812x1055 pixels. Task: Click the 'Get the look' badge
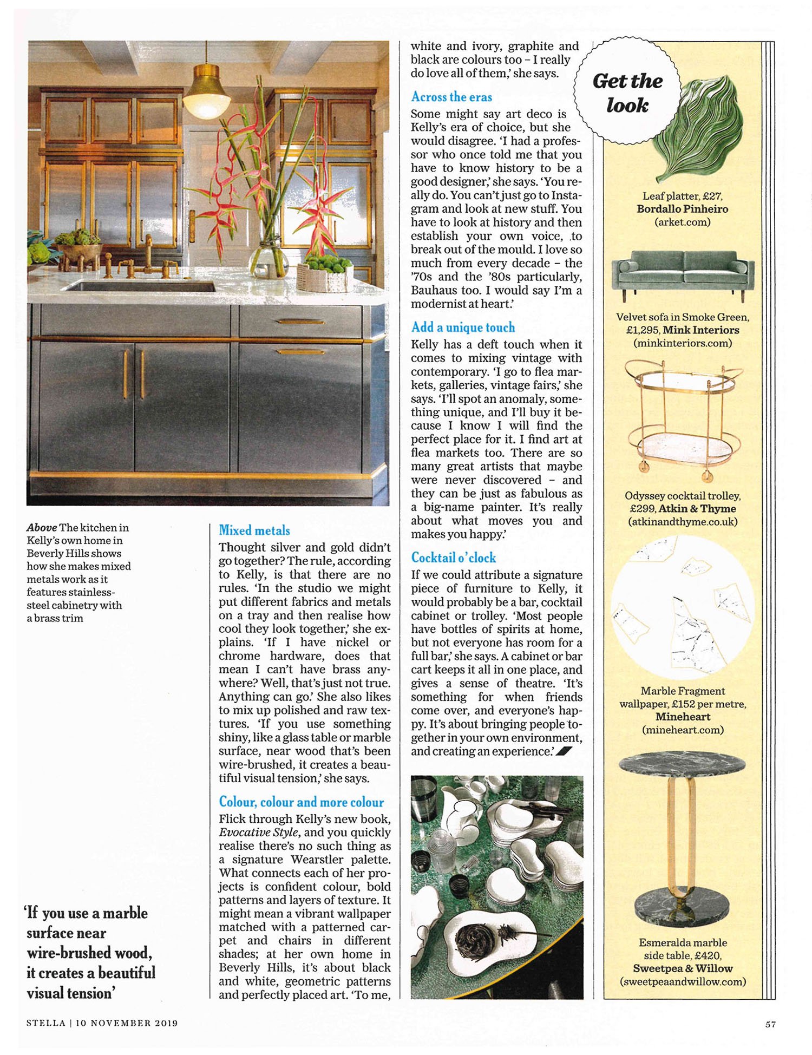[x=627, y=92]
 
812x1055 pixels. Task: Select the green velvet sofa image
[x=683, y=273]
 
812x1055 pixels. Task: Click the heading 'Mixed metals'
[x=254, y=530]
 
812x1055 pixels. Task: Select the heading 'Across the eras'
[x=451, y=97]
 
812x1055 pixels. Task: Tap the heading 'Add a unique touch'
[x=463, y=327]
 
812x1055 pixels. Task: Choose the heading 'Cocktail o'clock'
[x=453, y=558]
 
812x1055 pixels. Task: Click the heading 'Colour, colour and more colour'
[x=301, y=802]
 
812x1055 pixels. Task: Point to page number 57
[x=770, y=1024]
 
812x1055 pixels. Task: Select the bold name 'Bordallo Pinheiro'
[x=682, y=209]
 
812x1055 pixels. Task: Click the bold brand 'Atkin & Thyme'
[x=697, y=509]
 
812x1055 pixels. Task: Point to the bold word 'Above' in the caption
[x=42, y=527]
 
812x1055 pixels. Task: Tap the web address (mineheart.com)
[x=682, y=730]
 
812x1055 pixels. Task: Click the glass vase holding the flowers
[x=271, y=260]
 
